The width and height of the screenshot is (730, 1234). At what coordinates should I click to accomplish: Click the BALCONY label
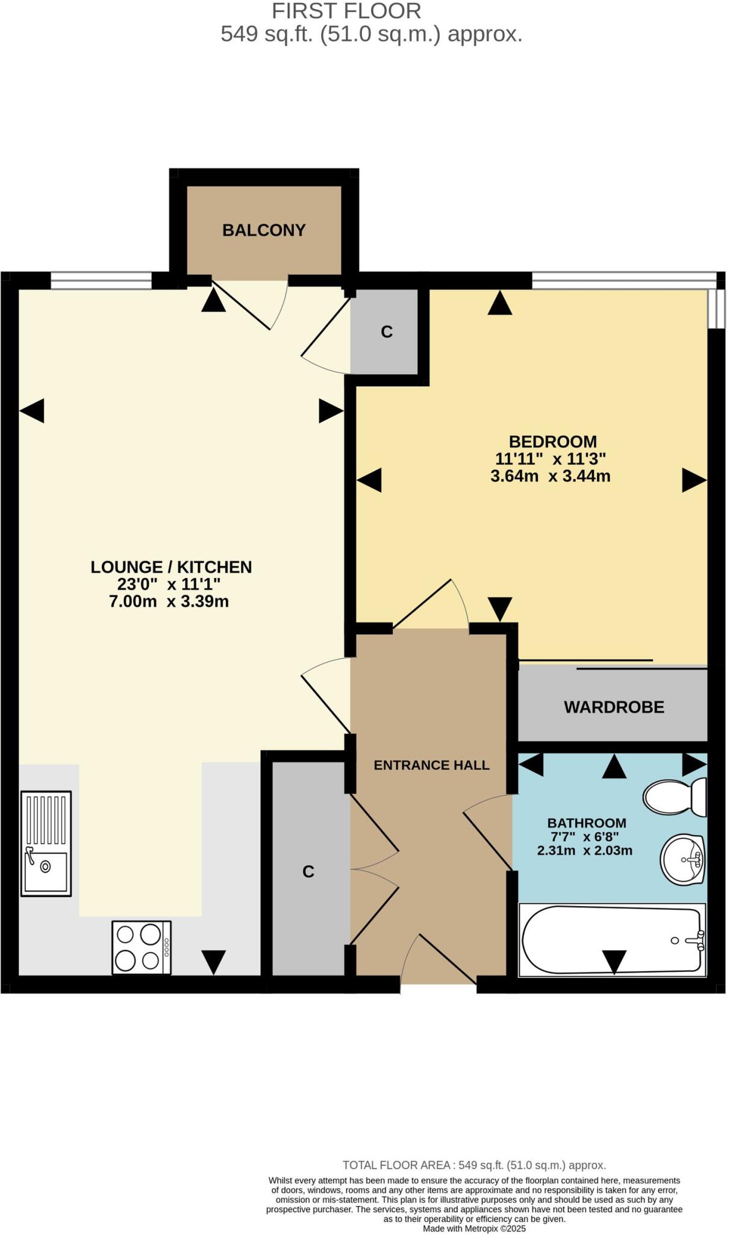pos(264,230)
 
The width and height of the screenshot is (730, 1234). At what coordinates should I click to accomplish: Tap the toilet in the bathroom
pos(673,797)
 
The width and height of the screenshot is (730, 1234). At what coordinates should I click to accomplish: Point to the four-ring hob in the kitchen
pos(142,947)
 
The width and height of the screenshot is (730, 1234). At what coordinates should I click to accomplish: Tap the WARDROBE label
pos(614,707)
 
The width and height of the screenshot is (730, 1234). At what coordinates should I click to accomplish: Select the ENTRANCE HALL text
pos(431,765)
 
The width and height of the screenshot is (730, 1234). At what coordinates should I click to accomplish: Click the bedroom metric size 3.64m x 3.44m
pos(550,477)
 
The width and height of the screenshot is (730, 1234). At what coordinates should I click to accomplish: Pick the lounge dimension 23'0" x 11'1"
pos(169,584)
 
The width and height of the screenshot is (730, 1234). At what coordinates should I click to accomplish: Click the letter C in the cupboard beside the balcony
pos(387,331)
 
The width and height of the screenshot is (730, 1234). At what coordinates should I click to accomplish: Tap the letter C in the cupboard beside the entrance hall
pos(308,871)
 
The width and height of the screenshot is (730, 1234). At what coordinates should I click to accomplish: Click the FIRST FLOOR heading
pos(346,11)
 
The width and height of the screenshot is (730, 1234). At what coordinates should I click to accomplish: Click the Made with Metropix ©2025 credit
pos(474,1229)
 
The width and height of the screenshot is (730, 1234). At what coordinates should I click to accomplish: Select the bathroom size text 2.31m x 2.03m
pos(584,851)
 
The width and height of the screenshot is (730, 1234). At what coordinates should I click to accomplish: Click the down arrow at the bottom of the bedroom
pos(500,608)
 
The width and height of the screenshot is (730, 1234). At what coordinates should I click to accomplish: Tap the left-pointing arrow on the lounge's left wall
pos(32,411)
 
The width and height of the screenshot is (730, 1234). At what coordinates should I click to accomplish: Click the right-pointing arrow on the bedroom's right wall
pos(694,480)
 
